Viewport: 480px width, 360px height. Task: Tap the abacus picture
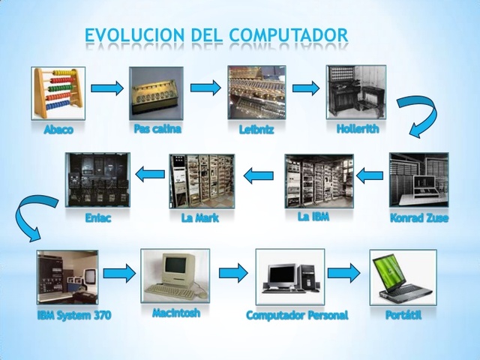tap(58, 93)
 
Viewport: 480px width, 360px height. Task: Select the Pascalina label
tap(157, 128)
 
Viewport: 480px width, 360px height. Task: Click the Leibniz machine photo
tap(256, 92)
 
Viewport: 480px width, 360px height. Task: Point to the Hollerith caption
tap(358, 128)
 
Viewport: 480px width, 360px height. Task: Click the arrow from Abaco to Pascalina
tap(106, 88)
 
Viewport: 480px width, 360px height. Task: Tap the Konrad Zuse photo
tap(418, 180)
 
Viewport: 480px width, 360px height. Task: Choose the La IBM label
tap(313, 217)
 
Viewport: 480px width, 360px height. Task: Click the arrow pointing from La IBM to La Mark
tap(258, 175)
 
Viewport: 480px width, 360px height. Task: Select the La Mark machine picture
tap(201, 181)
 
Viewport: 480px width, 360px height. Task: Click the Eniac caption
tap(98, 219)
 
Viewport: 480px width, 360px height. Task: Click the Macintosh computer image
tap(175, 276)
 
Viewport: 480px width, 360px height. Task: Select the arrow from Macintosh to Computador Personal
tap(232, 273)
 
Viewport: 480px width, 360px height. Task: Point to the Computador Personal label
tap(297, 316)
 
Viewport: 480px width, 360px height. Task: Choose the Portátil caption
tap(403, 315)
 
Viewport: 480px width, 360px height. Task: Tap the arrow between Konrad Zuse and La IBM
tap(369, 175)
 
